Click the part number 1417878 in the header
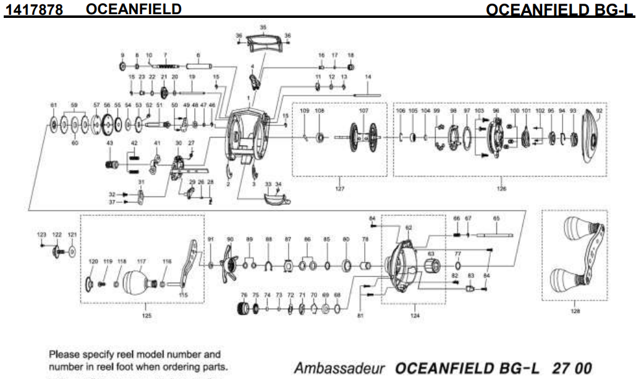(x=34, y=10)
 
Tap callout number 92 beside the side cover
(x=598, y=110)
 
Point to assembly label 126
(x=501, y=188)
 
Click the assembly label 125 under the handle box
(x=146, y=315)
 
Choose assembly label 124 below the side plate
(x=414, y=315)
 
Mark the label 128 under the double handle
(x=575, y=312)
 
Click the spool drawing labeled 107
(x=363, y=136)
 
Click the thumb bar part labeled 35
(x=263, y=43)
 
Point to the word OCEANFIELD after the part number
(x=134, y=9)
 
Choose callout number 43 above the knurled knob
(x=109, y=143)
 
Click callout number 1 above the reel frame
(x=248, y=98)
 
